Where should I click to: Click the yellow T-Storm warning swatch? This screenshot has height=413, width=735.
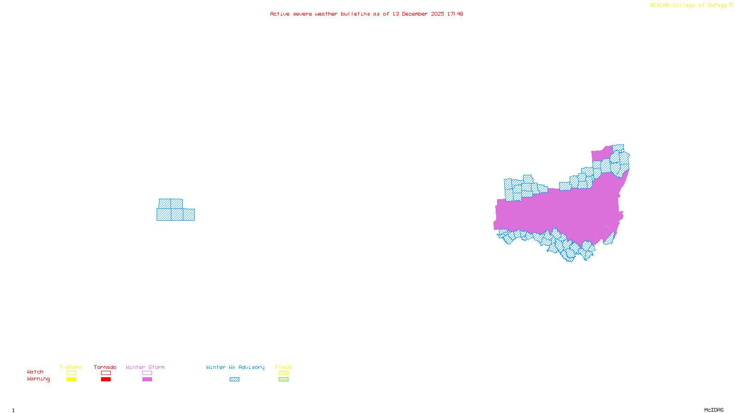(x=71, y=380)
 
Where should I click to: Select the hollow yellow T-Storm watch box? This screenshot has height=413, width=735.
(x=71, y=373)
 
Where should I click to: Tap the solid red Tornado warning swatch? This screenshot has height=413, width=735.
(x=106, y=380)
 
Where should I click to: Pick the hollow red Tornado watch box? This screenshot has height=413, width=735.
(x=106, y=373)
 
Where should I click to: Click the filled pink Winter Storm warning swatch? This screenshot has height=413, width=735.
(x=147, y=380)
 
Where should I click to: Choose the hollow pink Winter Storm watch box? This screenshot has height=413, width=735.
(x=147, y=373)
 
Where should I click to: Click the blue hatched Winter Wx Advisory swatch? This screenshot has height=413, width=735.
(x=234, y=380)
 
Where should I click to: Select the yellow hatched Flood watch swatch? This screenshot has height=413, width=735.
(x=283, y=373)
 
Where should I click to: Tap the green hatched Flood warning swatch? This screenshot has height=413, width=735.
(x=283, y=380)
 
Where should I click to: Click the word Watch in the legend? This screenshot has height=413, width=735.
(x=35, y=372)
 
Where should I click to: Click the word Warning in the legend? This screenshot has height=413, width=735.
(x=38, y=379)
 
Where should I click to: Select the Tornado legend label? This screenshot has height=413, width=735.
(x=105, y=367)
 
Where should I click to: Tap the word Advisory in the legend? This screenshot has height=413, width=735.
(x=251, y=367)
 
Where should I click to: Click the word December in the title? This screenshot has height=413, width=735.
(x=415, y=14)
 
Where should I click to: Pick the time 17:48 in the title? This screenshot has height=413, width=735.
(x=455, y=14)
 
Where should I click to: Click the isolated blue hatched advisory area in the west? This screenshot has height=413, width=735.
(x=175, y=211)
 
